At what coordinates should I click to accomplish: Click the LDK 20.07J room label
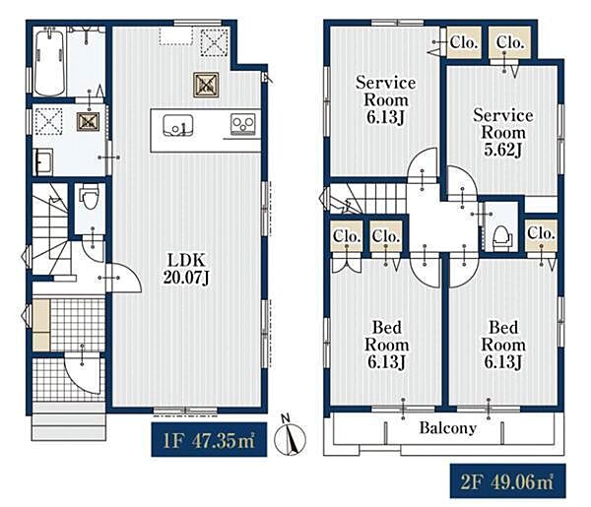[x=186, y=269]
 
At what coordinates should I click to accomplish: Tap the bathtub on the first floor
[x=49, y=63]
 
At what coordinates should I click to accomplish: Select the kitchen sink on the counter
[x=178, y=125]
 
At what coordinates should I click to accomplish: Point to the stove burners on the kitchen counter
[x=242, y=124]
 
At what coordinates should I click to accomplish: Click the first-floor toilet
[x=89, y=198]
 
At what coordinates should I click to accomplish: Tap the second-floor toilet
[x=502, y=237]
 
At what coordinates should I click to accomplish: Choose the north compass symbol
[x=290, y=436]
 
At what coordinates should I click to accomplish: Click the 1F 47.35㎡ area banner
[x=209, y=440]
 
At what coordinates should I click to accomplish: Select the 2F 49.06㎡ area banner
[x=507, y=481]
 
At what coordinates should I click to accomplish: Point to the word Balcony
[x=448, y=428]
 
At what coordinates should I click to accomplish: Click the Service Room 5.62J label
[x=503, y=133]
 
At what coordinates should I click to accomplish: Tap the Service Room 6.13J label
[x=385, y=100]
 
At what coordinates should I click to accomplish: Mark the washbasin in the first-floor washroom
[x=43, y=162]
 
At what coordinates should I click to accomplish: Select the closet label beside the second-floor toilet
[x=541, y=233]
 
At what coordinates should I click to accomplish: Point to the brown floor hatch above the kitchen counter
[x=206, y=85]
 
